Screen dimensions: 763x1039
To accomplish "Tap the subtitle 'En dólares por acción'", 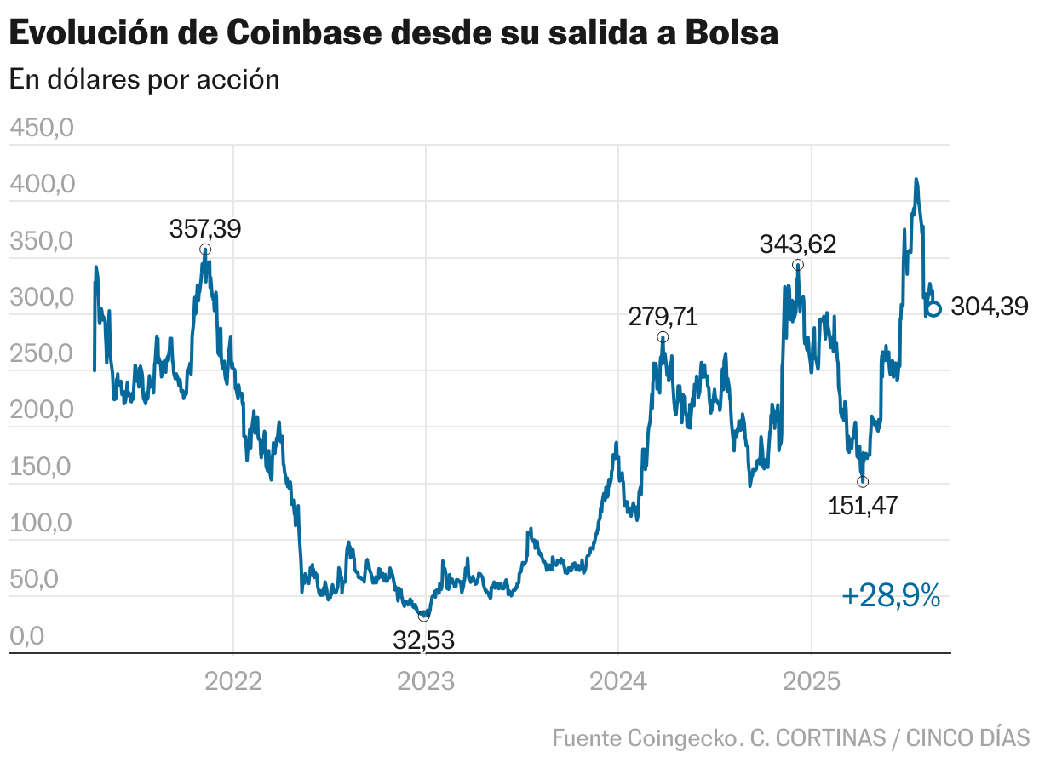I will (x=144, y=79).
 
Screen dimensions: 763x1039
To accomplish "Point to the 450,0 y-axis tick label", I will (x=41, y=129).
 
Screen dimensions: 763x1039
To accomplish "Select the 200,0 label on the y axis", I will (x=41, y=411).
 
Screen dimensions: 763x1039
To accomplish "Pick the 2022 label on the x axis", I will (x=233, y=681).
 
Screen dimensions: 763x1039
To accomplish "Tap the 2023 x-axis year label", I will (x=426, y=681).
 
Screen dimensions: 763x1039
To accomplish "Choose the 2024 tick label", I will (x=618, y=681).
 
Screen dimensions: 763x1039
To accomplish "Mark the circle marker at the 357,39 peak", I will (x=205, y=250).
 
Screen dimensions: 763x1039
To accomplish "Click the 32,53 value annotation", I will (x=423, y=640).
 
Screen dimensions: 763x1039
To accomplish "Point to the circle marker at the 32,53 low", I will (x=424, y=616).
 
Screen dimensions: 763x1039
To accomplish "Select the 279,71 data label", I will (x=663, y=318).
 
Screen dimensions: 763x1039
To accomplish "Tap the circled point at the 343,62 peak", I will (x=798, y=265).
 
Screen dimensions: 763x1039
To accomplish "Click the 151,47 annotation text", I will (x=863, y=506).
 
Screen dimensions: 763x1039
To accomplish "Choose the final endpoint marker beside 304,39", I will (x=933, y=309).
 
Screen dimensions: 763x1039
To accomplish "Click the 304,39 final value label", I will (x=989, y=307).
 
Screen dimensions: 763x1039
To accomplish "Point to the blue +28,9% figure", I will (x=891, y=597).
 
